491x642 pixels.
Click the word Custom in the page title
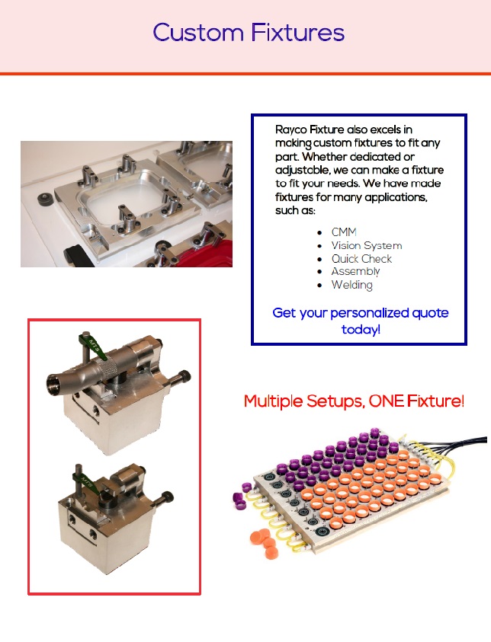(198, 33)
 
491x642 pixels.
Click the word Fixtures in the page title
(298, 33)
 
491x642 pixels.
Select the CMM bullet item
(344, 232)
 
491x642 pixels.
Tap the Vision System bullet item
(367, 246)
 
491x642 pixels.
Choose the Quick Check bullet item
(361, 259)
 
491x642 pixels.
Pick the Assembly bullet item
(356, 271)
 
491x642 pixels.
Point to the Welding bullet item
(352, 285)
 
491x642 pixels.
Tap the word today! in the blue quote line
(361, 329)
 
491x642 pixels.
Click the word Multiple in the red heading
(274, 401)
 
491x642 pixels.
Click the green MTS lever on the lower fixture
(87, 483)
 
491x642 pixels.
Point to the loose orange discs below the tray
(265, 543)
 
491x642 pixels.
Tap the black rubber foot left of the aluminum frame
(45, 199)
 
